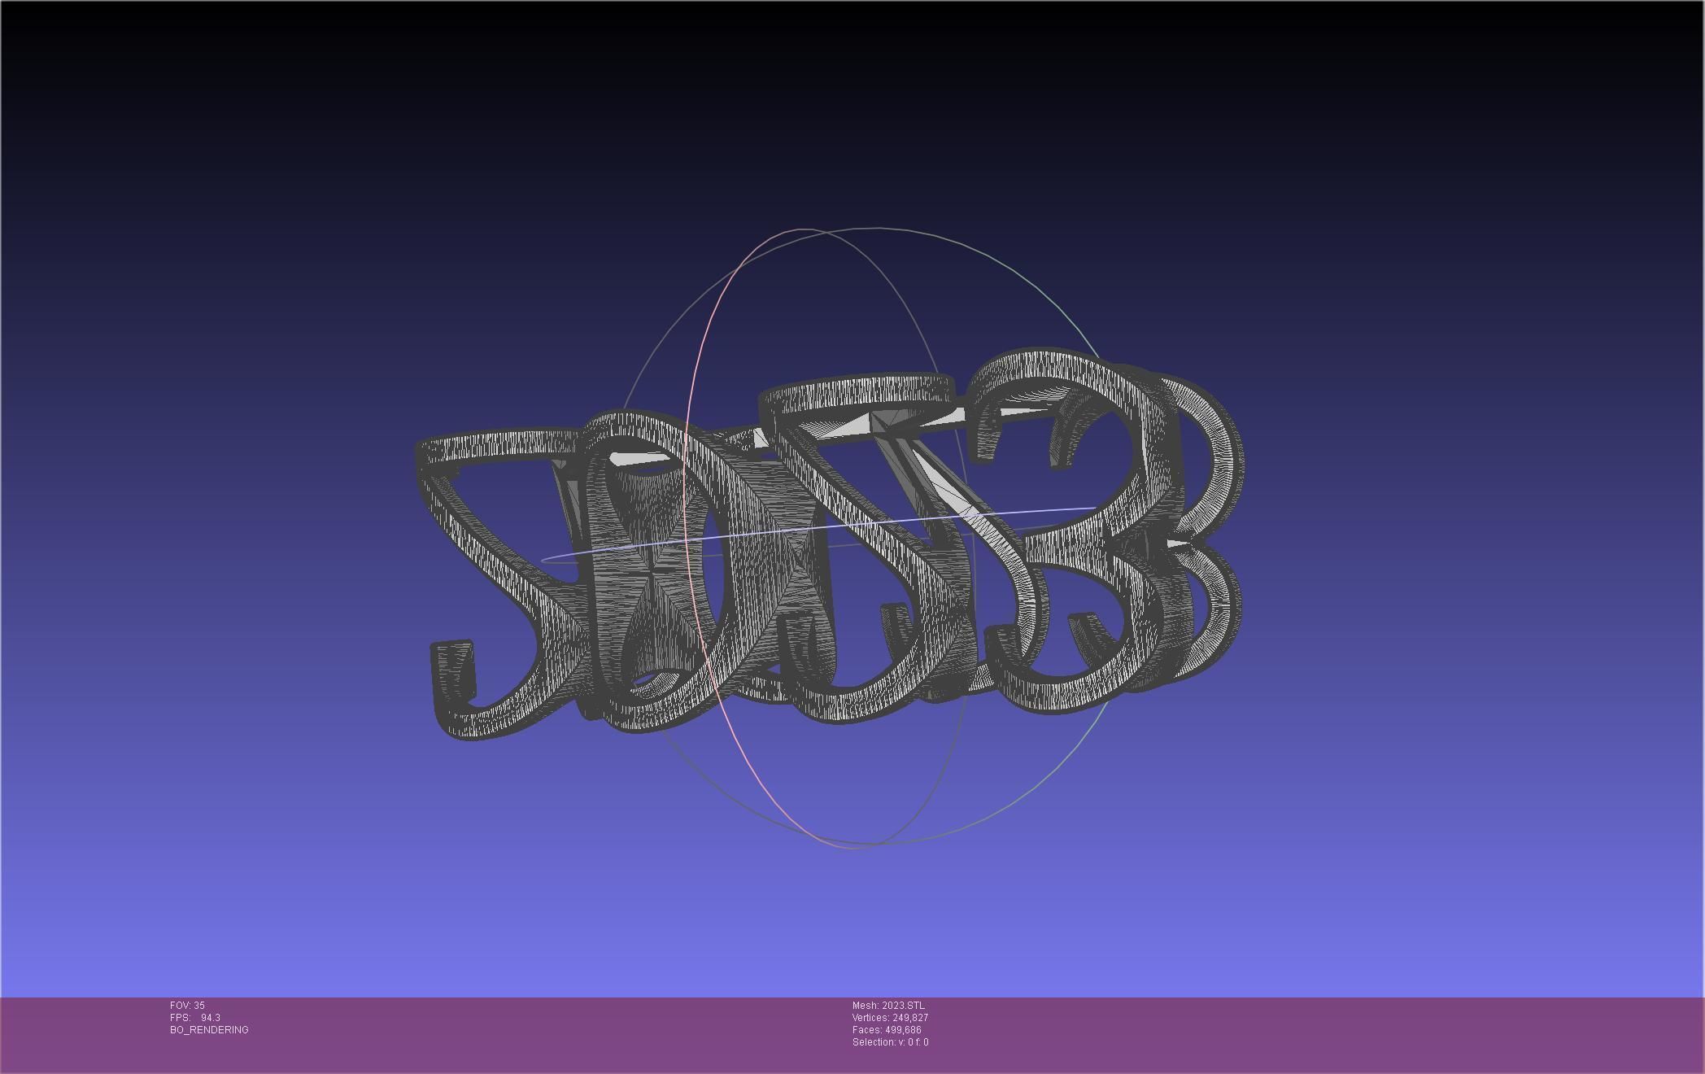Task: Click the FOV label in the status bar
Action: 181,1006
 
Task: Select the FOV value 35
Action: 199,1006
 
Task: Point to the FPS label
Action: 181,1018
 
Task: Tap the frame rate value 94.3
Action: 211,1018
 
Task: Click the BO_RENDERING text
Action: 209,1030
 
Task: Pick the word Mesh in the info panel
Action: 865,1006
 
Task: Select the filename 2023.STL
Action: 903,1006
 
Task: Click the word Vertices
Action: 870,1018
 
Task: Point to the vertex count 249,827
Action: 910,1018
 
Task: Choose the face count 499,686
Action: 903,1030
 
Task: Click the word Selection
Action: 874,1042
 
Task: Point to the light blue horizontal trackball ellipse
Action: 813,530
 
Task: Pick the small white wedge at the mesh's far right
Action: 1180,541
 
